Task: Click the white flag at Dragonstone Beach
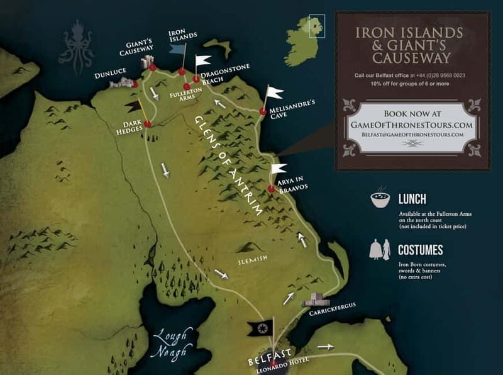click(202, 61)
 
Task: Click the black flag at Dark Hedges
click(133, 107)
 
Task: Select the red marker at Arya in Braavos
click(271, 188)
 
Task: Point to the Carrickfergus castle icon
click(316, 300)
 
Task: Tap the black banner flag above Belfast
click(259, 328)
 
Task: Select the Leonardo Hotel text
click(272, 371)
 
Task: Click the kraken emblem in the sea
click(76, 46)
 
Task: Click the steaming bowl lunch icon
click(380, 199)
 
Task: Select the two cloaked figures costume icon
click(379, 250)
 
